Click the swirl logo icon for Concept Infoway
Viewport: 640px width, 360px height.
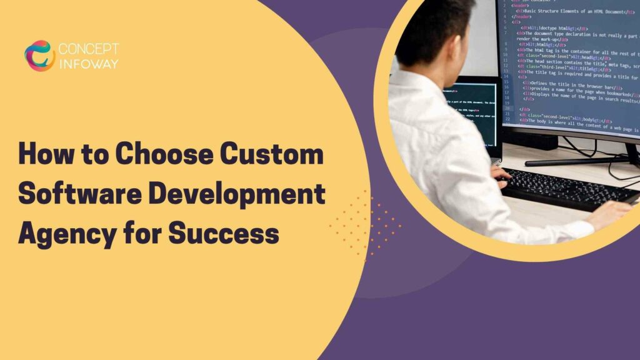(39, 56)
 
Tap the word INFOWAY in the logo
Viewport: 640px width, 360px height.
(87, 63)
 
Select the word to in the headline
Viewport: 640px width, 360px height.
(94, 156)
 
